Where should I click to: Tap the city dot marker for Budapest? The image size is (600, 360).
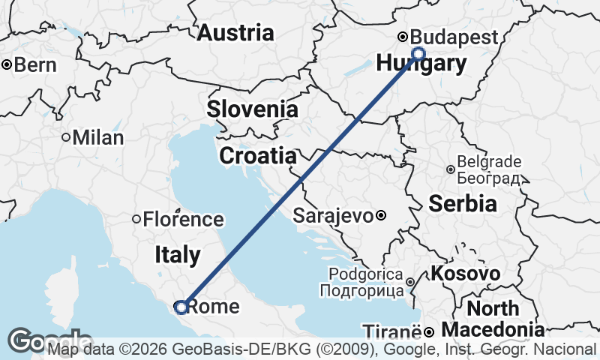[x=403, y=37]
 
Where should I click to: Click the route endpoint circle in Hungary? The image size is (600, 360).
[x=418, y=53]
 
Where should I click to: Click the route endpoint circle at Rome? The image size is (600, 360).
[x=181, y=306]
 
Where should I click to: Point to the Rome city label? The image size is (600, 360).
[x=213, y=306]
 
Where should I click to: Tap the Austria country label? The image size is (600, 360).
[x=235, y=33]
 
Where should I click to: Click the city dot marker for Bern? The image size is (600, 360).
[x=7, y=65]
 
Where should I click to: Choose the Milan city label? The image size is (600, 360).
[x=98, y=138]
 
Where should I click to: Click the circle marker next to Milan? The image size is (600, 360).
[x=66, y=138]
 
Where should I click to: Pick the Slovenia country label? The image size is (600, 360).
[x=253, y=109]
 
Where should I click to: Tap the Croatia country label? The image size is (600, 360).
[x=257, y=156]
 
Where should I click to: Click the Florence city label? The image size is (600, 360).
[x=184, y=220]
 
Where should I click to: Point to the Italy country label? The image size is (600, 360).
[x=178, y=255]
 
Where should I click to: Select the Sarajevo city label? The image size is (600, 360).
[x=334, y=216]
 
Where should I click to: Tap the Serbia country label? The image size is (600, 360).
[x=463, y=203]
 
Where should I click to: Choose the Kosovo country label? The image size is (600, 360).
[x=466, y=274]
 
